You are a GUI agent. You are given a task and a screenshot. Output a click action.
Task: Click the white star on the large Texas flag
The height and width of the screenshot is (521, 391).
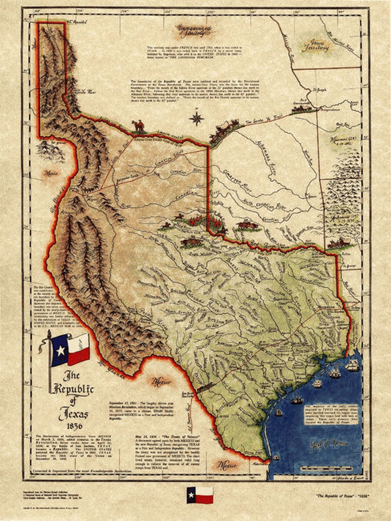pos(60,350)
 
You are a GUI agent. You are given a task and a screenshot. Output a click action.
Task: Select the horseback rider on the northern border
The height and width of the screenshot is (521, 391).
pos(139,125)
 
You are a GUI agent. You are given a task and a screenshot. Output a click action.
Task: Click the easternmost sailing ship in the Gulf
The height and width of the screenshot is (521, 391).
pos(352,366)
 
